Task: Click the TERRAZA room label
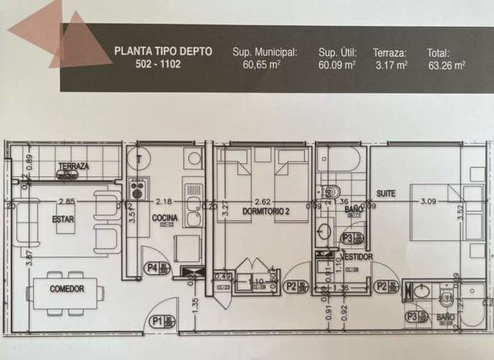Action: [x=73, y=166]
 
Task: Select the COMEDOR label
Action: [x=66, y=289]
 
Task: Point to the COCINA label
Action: [x=165, y=219]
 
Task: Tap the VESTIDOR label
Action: [x=358, y=256]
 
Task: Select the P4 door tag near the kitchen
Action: [x=154, y=269]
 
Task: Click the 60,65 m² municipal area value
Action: [x=265, y=66]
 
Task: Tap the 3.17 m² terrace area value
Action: [x=390, y=66]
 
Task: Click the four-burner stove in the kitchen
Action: [x=138, y=188]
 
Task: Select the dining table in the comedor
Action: [x=65, y=291]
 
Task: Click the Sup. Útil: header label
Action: [x=337, y=53]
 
